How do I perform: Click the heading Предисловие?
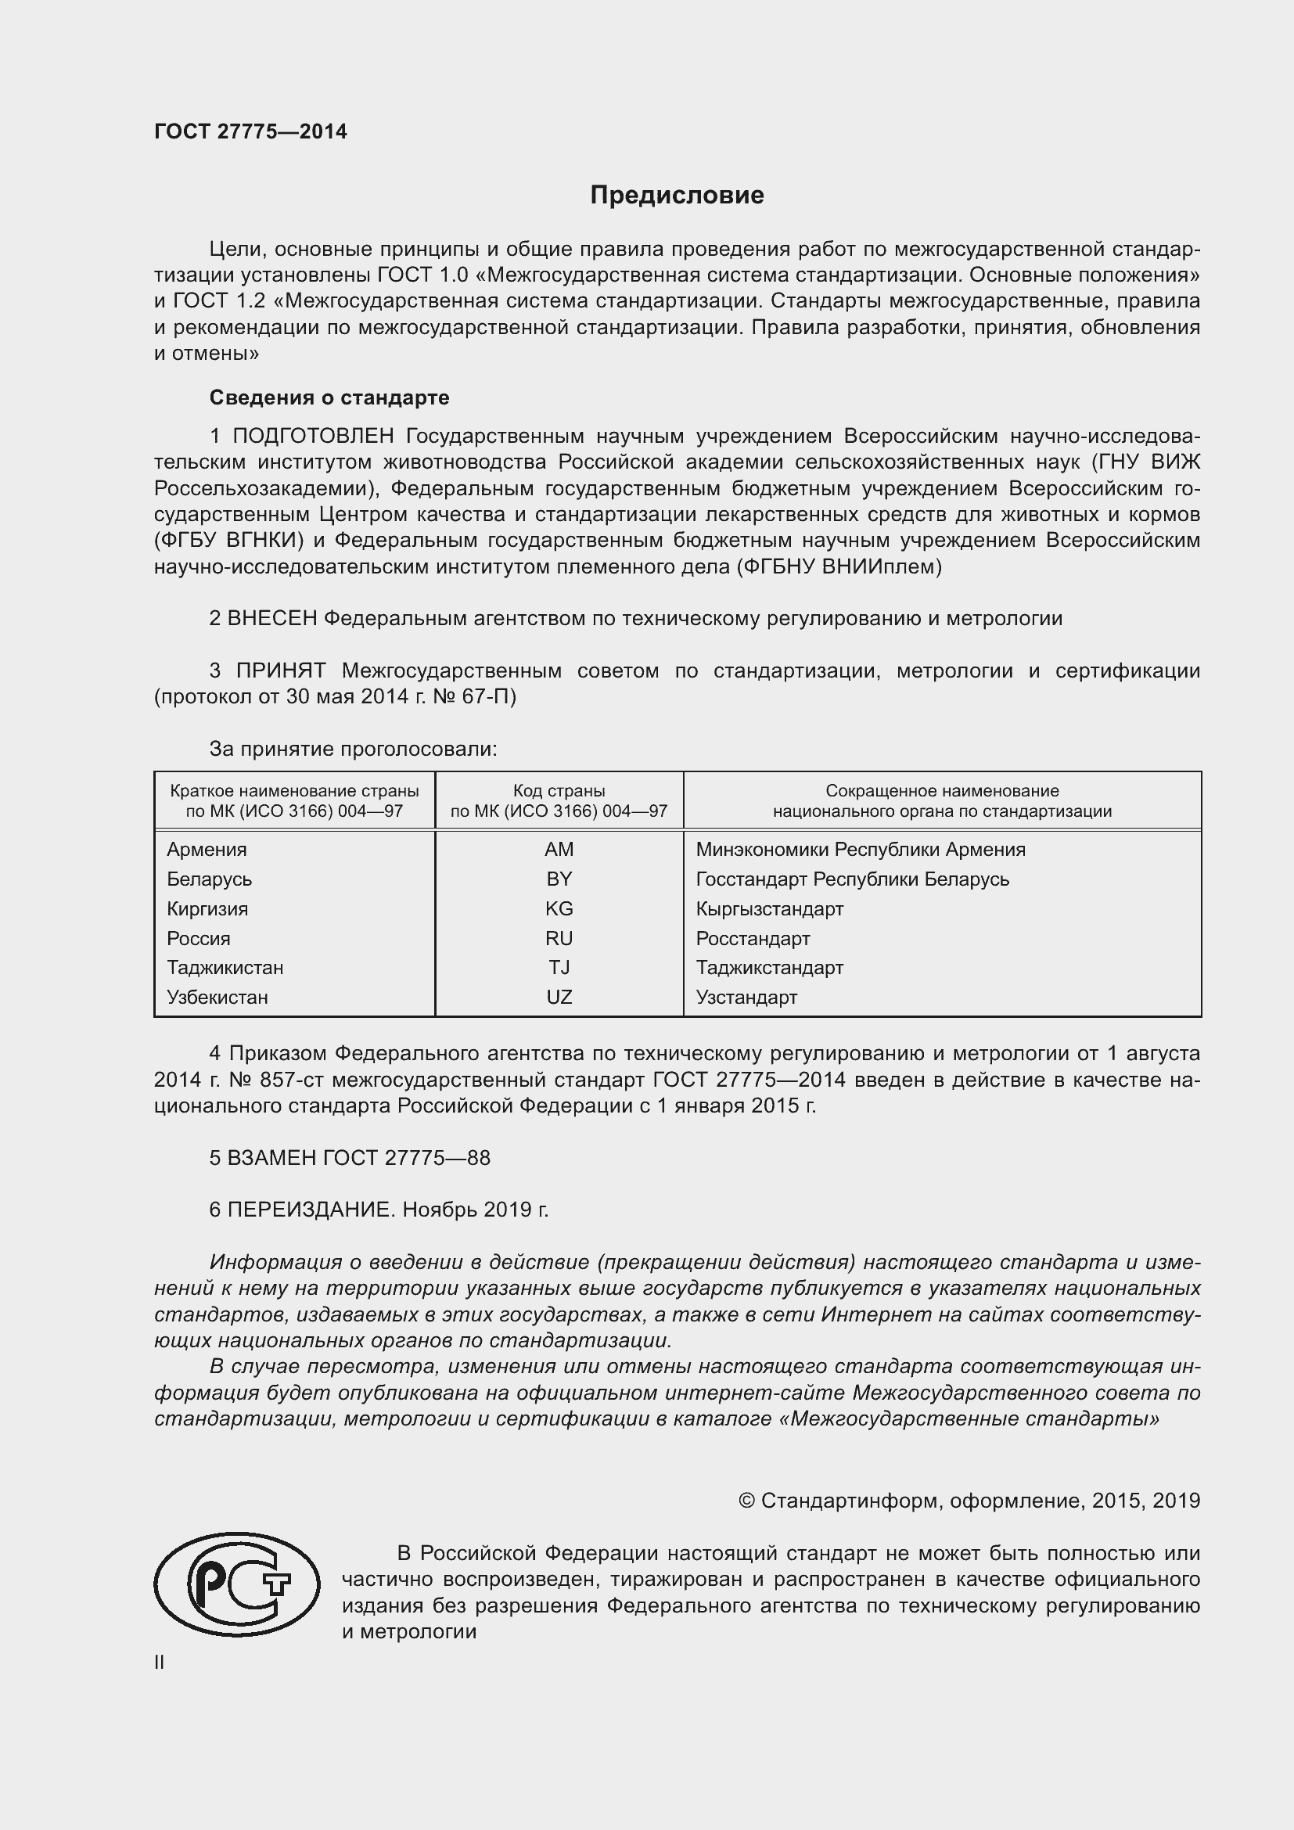pyautogui.click(x=677, y=195)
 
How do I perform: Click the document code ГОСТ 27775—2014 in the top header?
pyautogui.click(x=250, y=131)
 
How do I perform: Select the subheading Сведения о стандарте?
pyautogui.click(x=329, y=397)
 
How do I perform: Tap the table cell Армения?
pyautogui.click(x=207, y=849)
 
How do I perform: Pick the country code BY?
pyautogui.click(x=559, y=879)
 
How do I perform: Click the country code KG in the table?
pyautogui.click(x=559, y=908)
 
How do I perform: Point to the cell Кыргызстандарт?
pyautogui.click(x=769, y=908)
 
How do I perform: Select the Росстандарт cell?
pyautogui.click(x=752, y=938)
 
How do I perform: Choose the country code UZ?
pyautogui.click(x=559, y=997)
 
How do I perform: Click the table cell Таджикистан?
pyautogui.click(x=225, y=968)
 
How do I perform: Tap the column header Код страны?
pyautogui.click(x=559, y=791)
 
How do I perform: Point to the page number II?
pyautogui.click(x=160, y=1662)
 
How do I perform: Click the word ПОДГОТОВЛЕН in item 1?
pyautogui.click(x=313, y=436)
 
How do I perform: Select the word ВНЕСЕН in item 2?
pyautogui.click(x=271, y=618)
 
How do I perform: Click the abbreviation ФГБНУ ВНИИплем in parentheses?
pyautogui.click(x=839, y=566)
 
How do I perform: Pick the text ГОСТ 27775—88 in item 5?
pyautogui.click(x=406, y=1157)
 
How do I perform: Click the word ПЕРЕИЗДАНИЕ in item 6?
pyautogui.click(x=311, y=1209)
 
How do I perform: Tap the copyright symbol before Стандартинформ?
pyautogui.click(x=746, y=1501)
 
